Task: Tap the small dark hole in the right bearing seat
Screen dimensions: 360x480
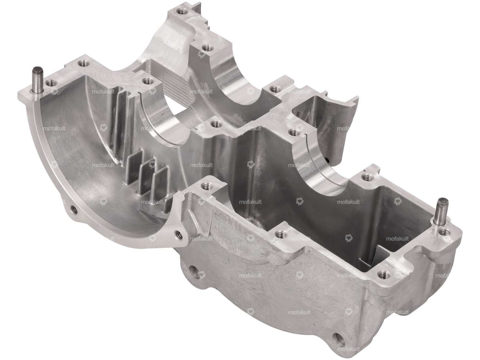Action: coord(327,160)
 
